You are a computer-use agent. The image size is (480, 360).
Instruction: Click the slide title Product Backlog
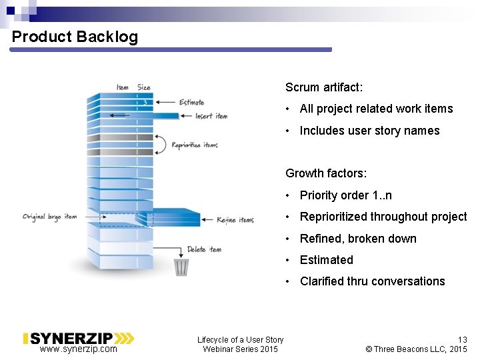[x=75, y=37]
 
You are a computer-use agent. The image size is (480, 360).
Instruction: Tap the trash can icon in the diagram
[x=181, y=267]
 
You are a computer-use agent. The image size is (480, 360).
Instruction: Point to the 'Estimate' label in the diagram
[x=192, y=103]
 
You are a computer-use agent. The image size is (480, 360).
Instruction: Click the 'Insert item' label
[x=211, y=116]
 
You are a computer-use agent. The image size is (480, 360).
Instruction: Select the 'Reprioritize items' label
[x=195, y=145]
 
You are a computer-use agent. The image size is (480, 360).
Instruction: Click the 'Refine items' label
[x=235, y=220]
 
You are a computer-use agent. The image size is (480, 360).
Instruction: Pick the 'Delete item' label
[x=204, y=249]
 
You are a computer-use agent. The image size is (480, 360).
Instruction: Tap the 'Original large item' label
[x=50, y=217]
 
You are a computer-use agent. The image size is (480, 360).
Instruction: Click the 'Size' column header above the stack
[x=144, y=87]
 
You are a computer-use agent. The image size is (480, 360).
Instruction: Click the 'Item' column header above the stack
[x=123, y=87]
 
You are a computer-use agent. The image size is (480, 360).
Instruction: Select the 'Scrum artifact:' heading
[x=324, y=87]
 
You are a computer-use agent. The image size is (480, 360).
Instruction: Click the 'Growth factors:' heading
[x=326, y=173]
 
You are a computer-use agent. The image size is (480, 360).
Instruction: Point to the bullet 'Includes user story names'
[x=369, y=131]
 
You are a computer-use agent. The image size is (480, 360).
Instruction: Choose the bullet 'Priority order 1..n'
[x=345, y=195]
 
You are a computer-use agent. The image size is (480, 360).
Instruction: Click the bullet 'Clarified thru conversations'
[x=372, y=281]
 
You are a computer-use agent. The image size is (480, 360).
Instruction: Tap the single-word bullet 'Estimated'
[x=326, y=260]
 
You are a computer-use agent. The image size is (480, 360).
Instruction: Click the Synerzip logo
[x=78, y=339]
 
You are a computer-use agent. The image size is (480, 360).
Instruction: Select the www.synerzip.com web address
[x=78, y=349]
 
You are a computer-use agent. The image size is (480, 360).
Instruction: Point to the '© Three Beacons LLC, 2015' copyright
[x=417, y=349]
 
